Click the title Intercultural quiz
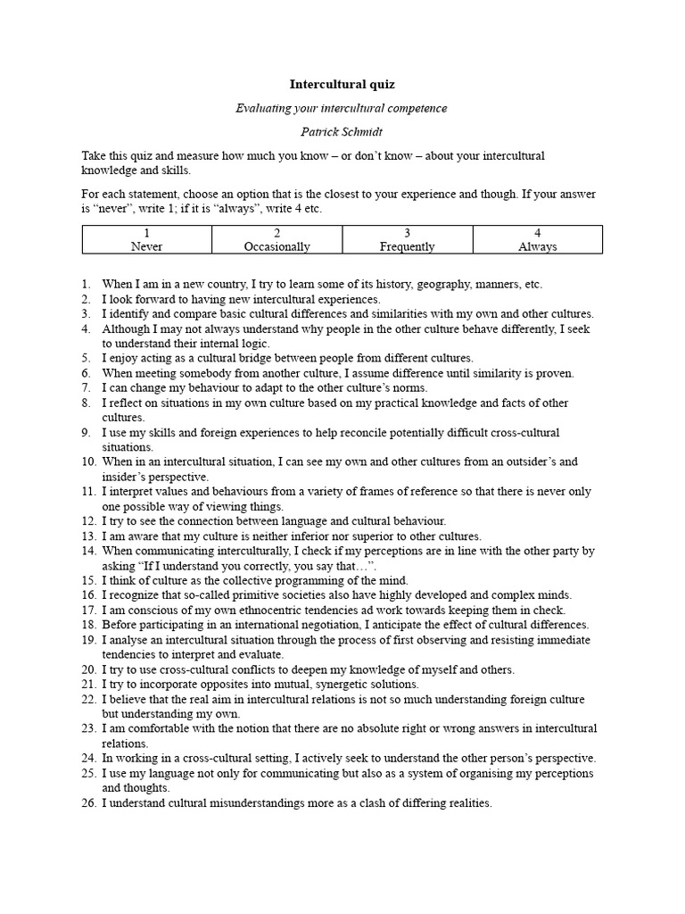pos(342,85)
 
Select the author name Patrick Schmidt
pos(342,131)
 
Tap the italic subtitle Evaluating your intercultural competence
pos(342,108)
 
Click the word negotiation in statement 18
pos(333,625)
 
